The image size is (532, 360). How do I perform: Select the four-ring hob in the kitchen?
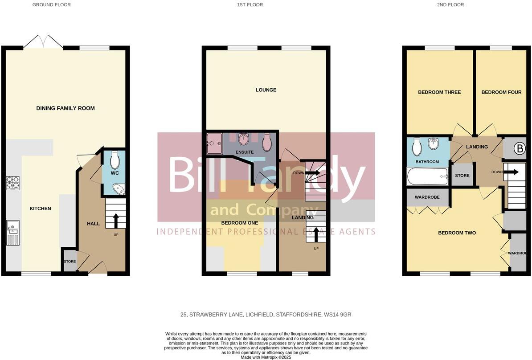(x=12, y=183)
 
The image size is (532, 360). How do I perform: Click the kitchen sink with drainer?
(x=12, y=233)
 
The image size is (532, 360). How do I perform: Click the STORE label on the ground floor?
(x=70, y=262)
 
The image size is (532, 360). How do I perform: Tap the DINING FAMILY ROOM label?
(x=65, y=108)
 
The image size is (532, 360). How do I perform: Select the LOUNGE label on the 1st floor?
(x=266, y=90)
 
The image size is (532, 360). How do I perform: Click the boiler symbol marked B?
(x=520, y=149)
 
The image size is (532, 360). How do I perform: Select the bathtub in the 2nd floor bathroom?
(x=427, y=176)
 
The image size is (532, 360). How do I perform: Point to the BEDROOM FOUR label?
(x=501, y=92)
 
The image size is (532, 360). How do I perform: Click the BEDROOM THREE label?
(x=439, y=92)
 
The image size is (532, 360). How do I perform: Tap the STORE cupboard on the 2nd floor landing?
(x=462, y=175)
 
